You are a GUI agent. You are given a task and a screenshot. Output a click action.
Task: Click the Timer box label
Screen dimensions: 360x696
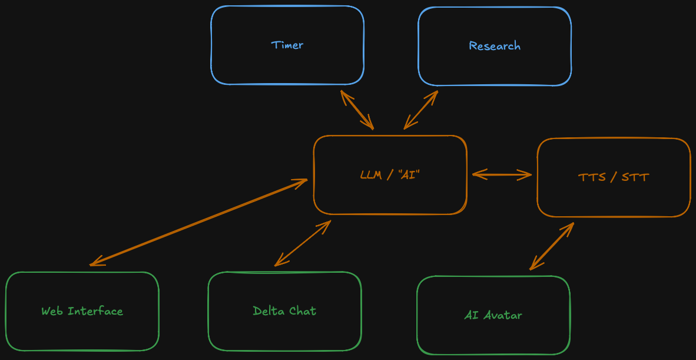coord(287,45)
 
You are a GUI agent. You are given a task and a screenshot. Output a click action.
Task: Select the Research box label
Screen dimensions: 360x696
coord(495,46)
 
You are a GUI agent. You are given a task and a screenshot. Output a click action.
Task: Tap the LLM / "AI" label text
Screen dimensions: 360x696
coord(390,175)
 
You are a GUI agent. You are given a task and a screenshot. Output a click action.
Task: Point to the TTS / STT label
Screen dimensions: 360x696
coord(614,177)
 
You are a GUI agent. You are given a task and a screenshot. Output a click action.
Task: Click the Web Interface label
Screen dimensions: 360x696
coord(82,311)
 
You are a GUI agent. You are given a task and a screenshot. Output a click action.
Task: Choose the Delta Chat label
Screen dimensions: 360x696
coord(284,311)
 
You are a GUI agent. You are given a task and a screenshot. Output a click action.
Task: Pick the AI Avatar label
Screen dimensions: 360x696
coord(493,315)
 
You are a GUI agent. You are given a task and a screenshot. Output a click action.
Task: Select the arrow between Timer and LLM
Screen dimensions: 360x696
coord(357,110)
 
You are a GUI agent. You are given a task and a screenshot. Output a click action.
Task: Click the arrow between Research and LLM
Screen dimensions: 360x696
coord(421,110)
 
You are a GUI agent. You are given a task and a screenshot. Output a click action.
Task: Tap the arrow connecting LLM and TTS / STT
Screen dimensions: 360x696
coord(502,174)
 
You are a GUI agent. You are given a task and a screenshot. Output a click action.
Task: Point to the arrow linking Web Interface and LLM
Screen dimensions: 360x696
coord(198,222)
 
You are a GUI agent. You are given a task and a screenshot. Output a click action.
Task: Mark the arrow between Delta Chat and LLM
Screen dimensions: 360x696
coord(303,243)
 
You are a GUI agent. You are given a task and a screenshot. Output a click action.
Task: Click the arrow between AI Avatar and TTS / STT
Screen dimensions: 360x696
coord(552,246)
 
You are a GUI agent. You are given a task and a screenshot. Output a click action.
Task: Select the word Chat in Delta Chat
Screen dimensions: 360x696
coord(302,311)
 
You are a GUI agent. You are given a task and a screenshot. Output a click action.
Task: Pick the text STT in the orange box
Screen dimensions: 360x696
coord(635,177)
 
